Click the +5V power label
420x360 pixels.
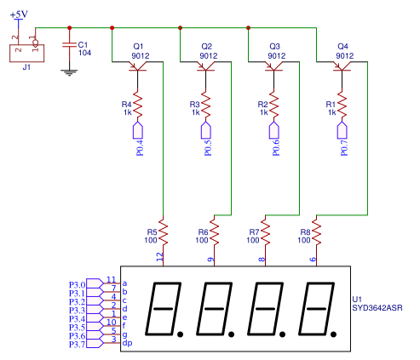pos(19,14)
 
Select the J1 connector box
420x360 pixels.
pos(27,53)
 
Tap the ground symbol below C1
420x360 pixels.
pos(69,73)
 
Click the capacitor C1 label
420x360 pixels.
pos(83,45)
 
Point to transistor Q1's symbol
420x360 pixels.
pos(138,66)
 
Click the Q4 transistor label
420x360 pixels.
pos(342,46)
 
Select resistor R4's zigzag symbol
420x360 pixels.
pos(138,105)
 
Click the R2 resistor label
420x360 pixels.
pos(262,105)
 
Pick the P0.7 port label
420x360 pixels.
pos(344,148)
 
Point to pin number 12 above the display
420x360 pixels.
pos(160,257)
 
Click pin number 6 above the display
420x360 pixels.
pos(313,260)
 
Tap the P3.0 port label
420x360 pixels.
pos(78,285)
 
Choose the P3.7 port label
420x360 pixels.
pos(78,345)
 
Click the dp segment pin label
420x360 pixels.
pos(127,343)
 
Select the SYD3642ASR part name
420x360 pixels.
pos(377,308)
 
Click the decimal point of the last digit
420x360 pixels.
pos(333,334)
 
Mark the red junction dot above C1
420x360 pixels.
pos(70,28)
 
